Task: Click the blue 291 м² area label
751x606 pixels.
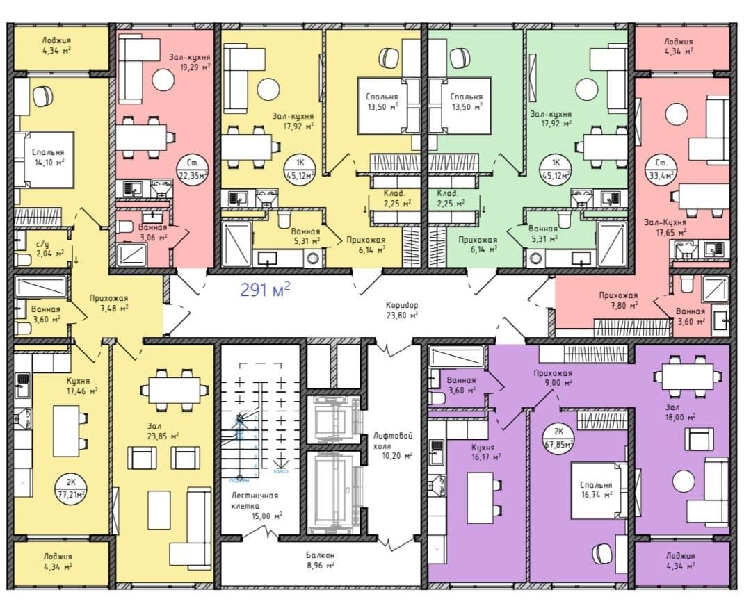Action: pos(265,290)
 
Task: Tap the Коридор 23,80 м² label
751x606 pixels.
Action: pos(403,309)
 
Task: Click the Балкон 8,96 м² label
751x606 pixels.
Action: pos(320,559)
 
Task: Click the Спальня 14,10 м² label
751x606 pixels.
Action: pos(48,156)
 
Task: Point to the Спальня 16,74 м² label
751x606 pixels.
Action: pos(597,489)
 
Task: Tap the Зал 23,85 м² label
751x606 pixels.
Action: pos(163,430)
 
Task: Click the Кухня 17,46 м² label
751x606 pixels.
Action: pos(82,386)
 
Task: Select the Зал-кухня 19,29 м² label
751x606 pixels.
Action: pos(189,61)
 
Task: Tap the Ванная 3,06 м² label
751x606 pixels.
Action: pos(152,232)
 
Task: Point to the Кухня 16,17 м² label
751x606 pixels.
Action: pos(486,452)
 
